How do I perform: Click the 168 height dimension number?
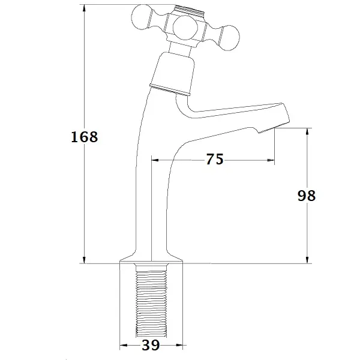pos(84,137)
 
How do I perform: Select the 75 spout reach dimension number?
pos(215,159)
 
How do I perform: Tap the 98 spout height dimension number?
pos(307,196)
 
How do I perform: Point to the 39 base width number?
pos(151,345)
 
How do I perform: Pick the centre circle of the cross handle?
pos(185,28)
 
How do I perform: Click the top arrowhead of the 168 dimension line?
pos(84,8)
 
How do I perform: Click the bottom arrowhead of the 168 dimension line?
pos(84,260)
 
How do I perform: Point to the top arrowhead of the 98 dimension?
pos(307,132)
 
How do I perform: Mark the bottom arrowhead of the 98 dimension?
pos(307,260)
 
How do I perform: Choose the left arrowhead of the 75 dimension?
pos(155,160)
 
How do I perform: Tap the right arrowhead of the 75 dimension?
pos(271,160)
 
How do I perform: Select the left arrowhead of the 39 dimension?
pos(124,345)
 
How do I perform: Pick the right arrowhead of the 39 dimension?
pos(179,345)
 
